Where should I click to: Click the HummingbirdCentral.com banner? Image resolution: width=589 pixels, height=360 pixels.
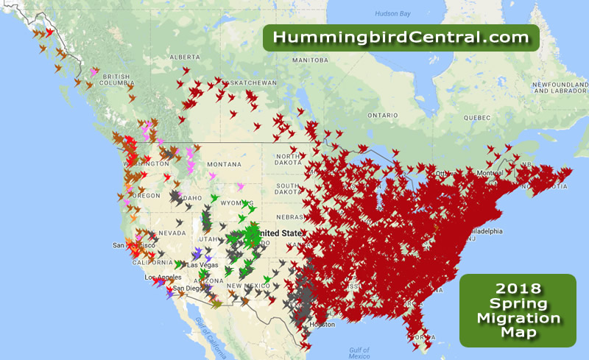(x=401, y=37)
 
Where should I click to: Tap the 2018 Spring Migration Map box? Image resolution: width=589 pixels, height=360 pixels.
(x=517, y=310)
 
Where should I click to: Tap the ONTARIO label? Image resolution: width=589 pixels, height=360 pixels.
(x=383, y=115)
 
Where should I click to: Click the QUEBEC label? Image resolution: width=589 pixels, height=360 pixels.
(x=477, y=117)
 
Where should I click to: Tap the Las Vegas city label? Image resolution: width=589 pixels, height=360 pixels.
(x=202, y=265)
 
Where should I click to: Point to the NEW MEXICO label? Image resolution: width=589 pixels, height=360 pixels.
(x=243, y=285)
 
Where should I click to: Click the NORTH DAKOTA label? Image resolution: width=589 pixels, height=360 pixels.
(x=289, y=160)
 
